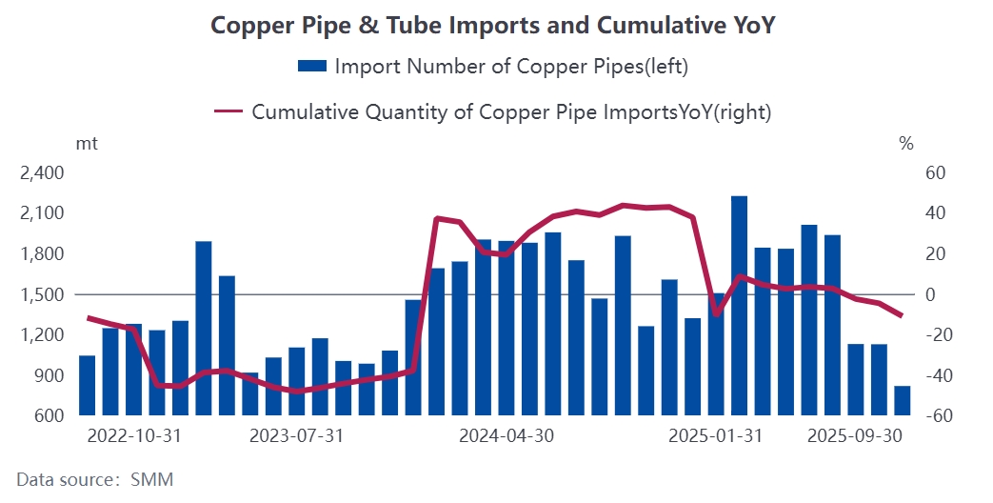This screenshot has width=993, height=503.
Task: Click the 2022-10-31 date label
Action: (x=134, y=436)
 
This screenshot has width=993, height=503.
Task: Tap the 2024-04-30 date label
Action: (x=506, y=436)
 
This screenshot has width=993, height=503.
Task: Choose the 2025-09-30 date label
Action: (x=854, y=436)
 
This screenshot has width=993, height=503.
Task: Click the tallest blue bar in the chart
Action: (x=739, y=305)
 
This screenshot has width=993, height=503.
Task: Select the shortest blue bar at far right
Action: (x=902, y=401)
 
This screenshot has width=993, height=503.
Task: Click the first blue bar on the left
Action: (x=88, y=385)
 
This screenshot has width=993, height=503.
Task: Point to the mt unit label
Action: (x=87, y=144)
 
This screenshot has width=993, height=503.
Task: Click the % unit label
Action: (x=905, y=144)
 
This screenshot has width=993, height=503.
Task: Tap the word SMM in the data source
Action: (x=152, y=478)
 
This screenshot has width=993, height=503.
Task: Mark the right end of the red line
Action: (x=902, y=315)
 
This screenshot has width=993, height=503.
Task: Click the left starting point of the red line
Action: (x=88, y=317)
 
